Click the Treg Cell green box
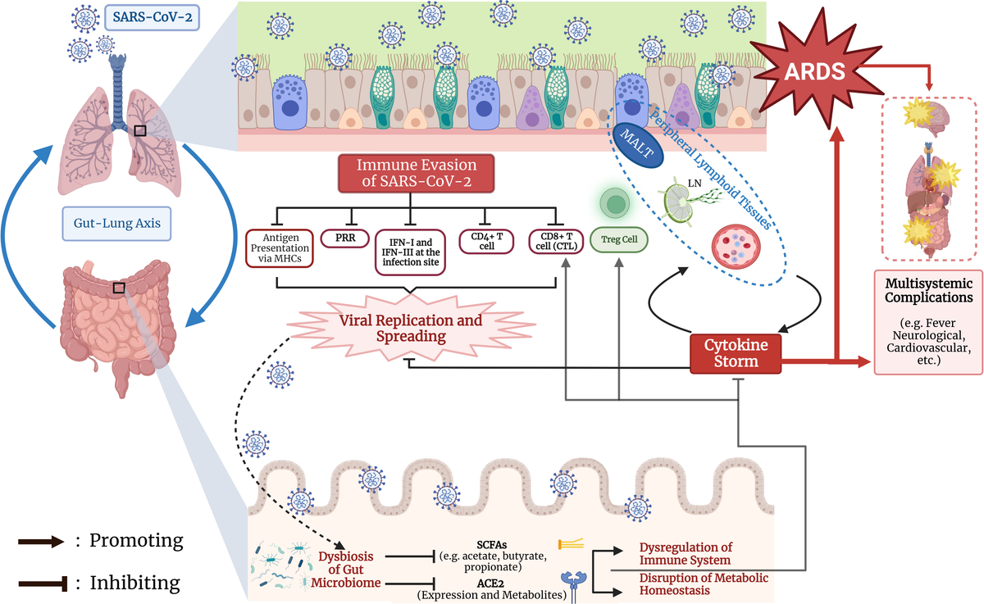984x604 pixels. point(619,241)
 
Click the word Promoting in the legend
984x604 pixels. point(136,541)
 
